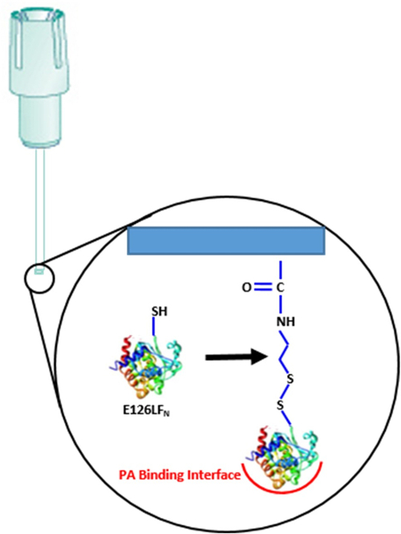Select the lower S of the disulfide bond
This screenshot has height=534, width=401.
coord(282,407)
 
